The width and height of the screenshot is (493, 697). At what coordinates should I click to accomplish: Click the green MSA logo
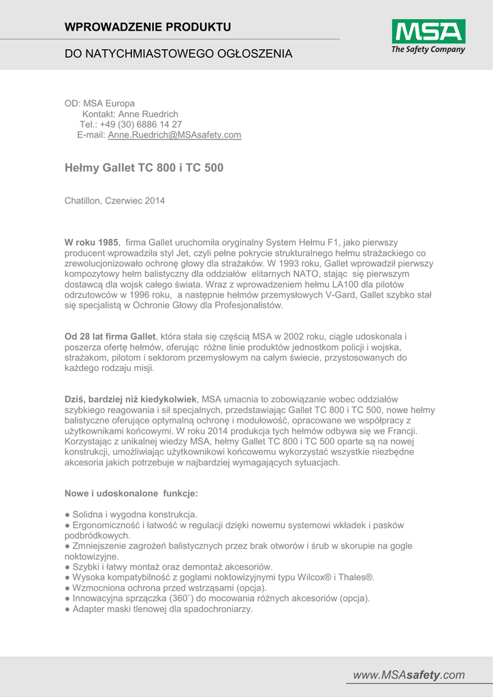pyautogui.click(x=428, y=31)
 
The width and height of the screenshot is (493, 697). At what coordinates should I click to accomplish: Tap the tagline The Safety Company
pyautogui.click(x=428, y=49)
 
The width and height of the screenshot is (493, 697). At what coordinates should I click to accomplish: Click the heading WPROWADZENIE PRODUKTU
pyautogui.click(x=148, y=27)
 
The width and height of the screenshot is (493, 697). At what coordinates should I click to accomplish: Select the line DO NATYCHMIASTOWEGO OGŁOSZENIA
pyautogui.click(x=178, y=54)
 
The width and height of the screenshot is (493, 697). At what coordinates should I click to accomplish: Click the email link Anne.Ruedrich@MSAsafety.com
pyautogui.click(x=174, y=135)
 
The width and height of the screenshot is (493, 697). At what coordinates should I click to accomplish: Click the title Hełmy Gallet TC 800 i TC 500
pyautogui.click(x=144, y=167)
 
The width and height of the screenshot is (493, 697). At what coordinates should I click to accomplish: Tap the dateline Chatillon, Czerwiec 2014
pyautogui.click(x=114, y=201)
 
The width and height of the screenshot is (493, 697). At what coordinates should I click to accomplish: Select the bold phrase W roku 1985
pyautogui.click(x=91, y=242)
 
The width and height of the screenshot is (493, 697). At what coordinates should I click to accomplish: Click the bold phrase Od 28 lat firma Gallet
pyautogui.click(x=110, y=337)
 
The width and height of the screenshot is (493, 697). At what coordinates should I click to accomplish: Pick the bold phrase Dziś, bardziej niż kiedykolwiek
pyautogui.click(x=131, y=399)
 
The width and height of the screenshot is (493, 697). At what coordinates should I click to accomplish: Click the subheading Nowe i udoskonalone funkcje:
pyautogui.click(x=131, y=493)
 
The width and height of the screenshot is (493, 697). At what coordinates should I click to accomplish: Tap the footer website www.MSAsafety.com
pyautogui.click(x=409, y=675)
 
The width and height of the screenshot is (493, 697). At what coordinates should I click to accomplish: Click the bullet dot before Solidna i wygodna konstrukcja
pyautogui.click(x=67, y=515)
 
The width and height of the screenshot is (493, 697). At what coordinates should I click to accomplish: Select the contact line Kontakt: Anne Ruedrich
pyautogui.click(x=130, y=114)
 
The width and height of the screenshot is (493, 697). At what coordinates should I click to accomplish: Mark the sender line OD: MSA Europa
pyautogui.click(x=99, y=103)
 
